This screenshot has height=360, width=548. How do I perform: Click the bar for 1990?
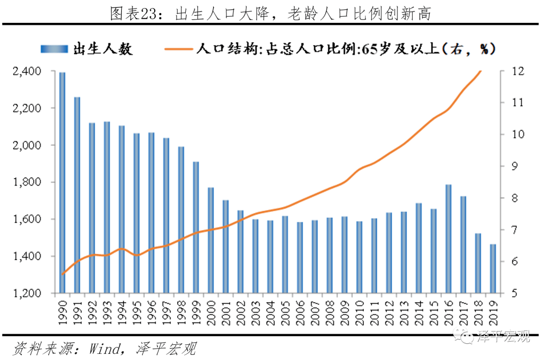(x=62, y=183)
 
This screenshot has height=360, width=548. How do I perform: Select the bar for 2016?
(x=449, y=239)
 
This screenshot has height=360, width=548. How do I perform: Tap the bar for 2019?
(x=493, y=269)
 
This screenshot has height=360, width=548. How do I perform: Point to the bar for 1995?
(x=136, y=213)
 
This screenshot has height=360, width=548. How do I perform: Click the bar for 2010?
(x=359, y=257)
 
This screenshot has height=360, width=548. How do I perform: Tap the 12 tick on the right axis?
(x=510, y=71)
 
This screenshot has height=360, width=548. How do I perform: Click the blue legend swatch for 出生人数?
(x=54, y=49)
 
